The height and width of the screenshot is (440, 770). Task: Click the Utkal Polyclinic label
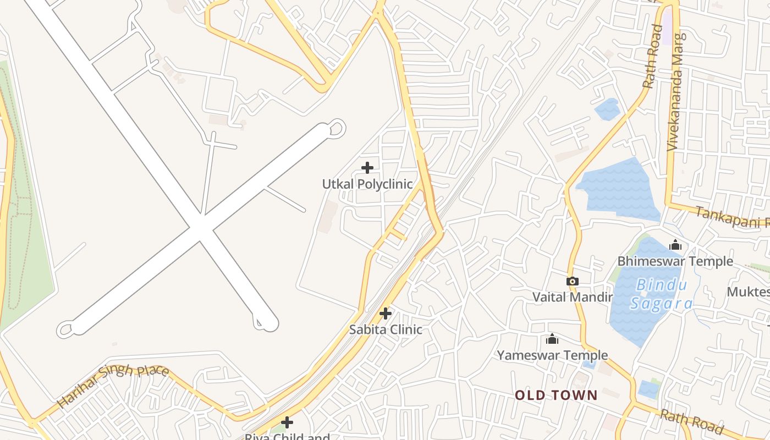[x=367, y=184]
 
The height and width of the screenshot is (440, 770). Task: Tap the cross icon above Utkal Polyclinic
[x=367, y=168]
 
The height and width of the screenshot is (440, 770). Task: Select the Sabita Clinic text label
[x=386, y=329]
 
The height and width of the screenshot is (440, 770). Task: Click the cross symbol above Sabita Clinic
[x=386, y=313]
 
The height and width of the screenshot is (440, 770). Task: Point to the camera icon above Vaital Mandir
[x=572, y=282]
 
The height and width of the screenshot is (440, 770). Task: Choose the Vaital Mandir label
[x=572, y=297]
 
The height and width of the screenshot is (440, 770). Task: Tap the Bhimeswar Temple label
[x=675, y=261]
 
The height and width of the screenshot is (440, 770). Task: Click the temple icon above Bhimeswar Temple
[x=675, y=245]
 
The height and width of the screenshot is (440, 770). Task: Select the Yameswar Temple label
[x=552, y=355]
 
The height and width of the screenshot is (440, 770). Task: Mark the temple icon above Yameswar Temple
[x=552, y=339]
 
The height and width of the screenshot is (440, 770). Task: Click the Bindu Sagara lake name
[x=660, y=294]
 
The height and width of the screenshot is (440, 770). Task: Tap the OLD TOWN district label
[x=556, y=395]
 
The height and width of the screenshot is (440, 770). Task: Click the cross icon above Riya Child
[x=287, y=422]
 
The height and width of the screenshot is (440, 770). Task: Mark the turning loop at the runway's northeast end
[x=336, y=128]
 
